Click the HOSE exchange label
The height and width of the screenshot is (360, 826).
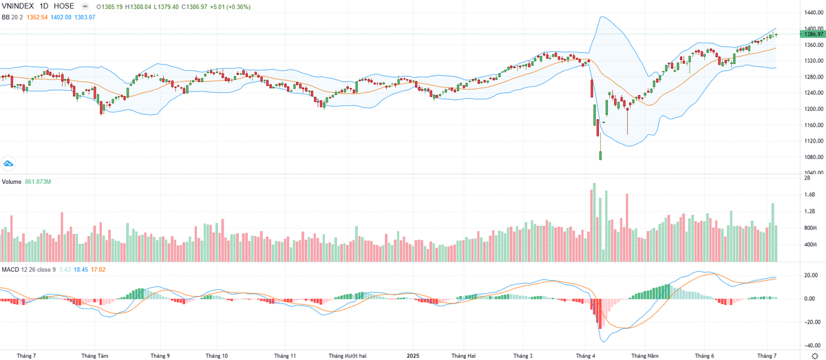pos(64,6)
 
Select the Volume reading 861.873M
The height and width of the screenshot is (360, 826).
pos(39,182)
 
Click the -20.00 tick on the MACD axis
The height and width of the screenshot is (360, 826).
pos(809,322)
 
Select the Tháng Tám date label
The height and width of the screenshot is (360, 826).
pos(95,356)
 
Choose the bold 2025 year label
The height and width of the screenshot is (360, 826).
pos(413,356)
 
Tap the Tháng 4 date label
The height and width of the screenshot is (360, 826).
pos(586,356)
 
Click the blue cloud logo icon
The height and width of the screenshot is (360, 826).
pos(9,163)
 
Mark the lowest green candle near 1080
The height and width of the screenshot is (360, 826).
pos(600,156)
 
